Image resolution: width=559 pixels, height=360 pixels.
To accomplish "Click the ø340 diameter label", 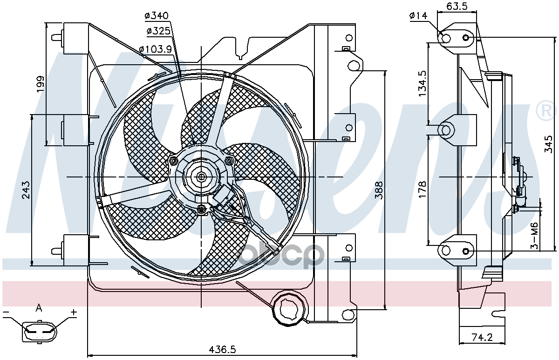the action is [x=157, y=16].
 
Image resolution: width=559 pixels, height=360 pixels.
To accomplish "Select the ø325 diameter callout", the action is [x=158, y=31].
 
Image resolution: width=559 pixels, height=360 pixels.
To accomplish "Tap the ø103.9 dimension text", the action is [x=156, y=49].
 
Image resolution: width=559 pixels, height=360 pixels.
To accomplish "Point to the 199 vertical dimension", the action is [x=41, y=84].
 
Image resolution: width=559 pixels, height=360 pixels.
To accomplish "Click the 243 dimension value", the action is [x=26, y=190].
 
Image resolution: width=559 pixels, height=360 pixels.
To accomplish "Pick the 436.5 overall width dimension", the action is [x=222, y=349].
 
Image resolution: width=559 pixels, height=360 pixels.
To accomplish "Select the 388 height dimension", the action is [x=379, y=190].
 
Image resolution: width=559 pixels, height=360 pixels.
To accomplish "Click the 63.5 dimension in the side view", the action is [x=457, y=6].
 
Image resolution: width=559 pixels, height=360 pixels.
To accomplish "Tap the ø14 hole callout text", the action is [x=418, y=16].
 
